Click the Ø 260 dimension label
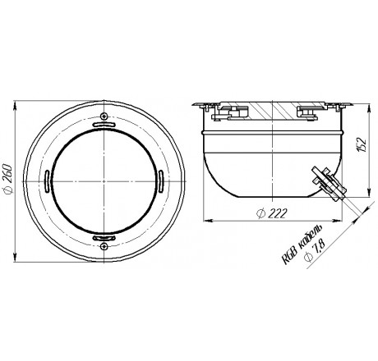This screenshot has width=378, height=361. click(7, 179)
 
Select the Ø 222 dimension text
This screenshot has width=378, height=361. click(273, 213)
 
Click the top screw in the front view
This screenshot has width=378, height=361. click(104, 116)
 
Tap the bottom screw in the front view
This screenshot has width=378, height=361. click(104, 246)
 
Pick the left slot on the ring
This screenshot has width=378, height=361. click(47, 181)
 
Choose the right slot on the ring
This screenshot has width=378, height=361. click(161, 181)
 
